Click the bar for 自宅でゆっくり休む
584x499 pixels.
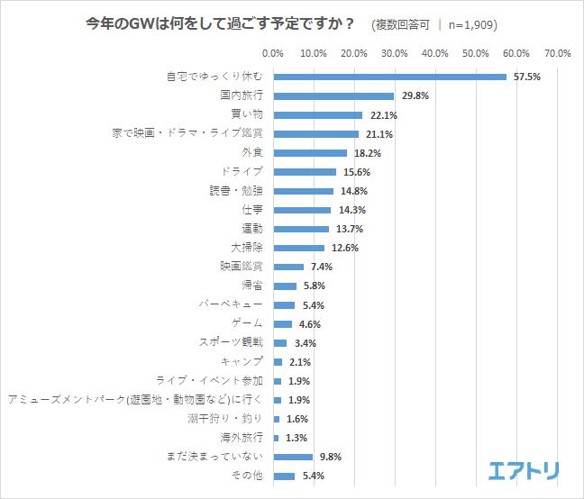[389, 77]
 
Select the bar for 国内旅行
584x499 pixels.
[333, 95]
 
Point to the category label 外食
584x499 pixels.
[251, 152]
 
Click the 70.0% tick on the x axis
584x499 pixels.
[557, 54]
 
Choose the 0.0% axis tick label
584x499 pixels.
[273, 54]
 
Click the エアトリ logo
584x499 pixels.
[524, 471]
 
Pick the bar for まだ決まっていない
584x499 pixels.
[293, 457]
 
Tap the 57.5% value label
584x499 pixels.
[526, 77]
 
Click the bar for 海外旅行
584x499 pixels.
[276, 438]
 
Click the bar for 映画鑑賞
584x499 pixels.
[288, 267]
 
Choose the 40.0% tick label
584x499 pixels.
[435, 54]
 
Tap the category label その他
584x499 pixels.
[247, 476]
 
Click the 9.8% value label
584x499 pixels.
[330, 457]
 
